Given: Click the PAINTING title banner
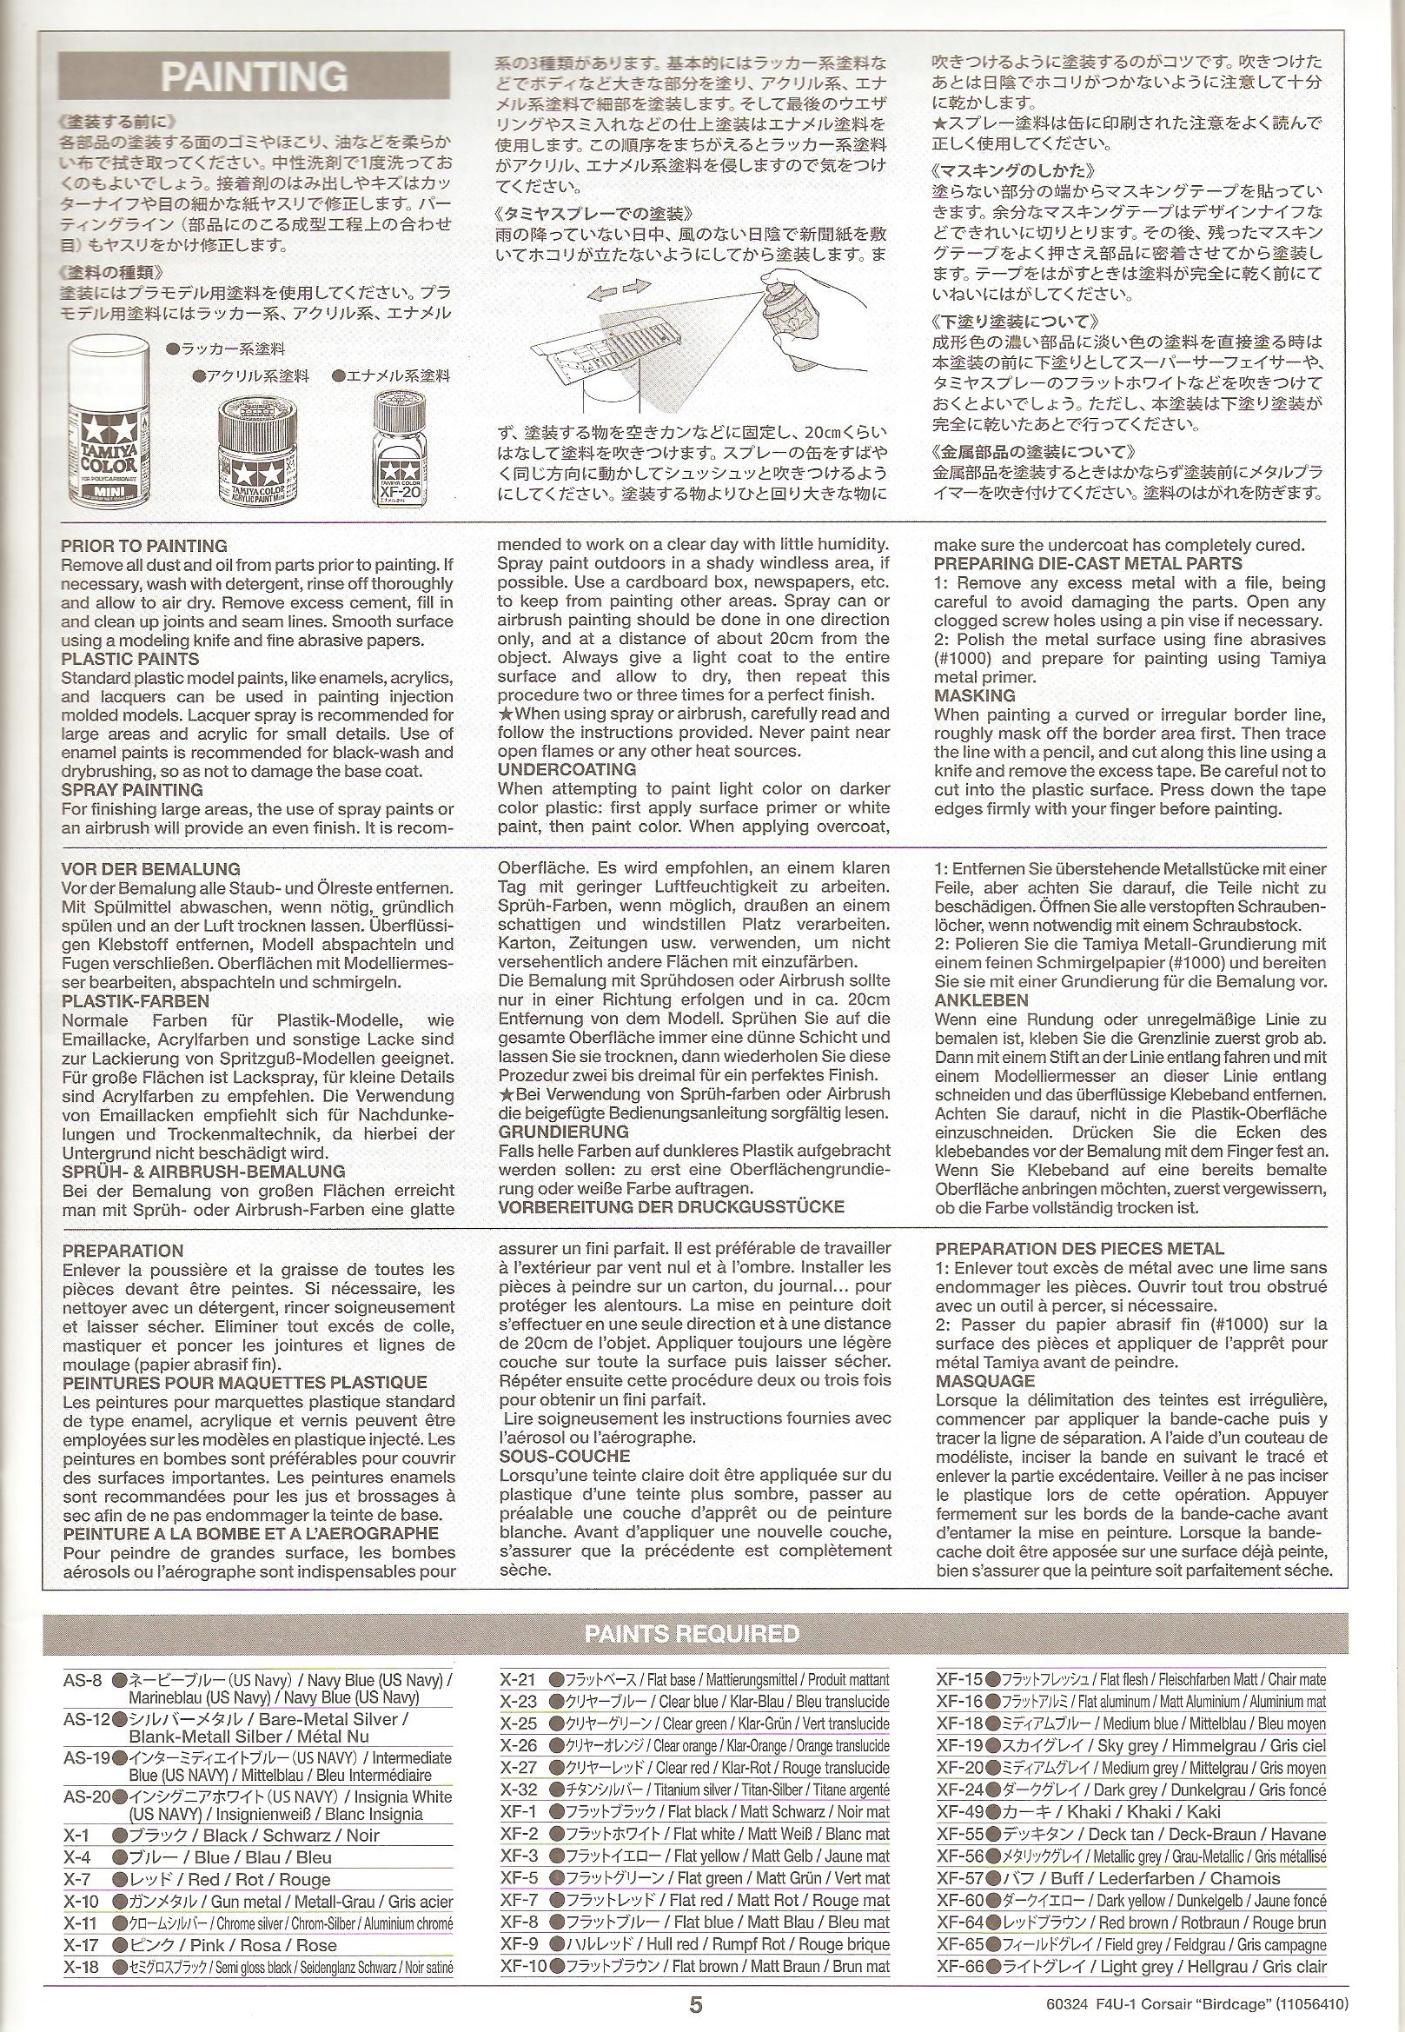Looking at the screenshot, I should click(254, 76).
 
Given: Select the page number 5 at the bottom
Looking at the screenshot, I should click(695, 2006).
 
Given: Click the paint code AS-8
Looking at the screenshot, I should click(83, 1680).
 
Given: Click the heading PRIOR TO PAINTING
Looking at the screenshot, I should click(143, 546).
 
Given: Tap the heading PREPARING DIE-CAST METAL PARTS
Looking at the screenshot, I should click(1087, 564).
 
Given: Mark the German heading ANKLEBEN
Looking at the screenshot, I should click(981, 1000).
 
